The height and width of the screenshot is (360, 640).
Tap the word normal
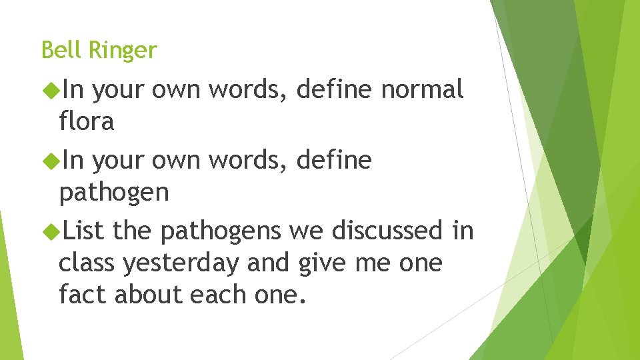tap(422, 89)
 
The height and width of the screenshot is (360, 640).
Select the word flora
tap(87, 121)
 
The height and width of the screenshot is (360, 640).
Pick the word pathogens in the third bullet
tap(221, 232)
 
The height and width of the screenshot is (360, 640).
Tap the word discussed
tap(387, 231)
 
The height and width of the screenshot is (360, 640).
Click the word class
tap(87, 263)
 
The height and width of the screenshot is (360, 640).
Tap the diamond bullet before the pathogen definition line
tap(50, 160)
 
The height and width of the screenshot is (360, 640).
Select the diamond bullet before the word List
tap(50, 231)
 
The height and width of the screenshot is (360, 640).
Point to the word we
tap(306, 231)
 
